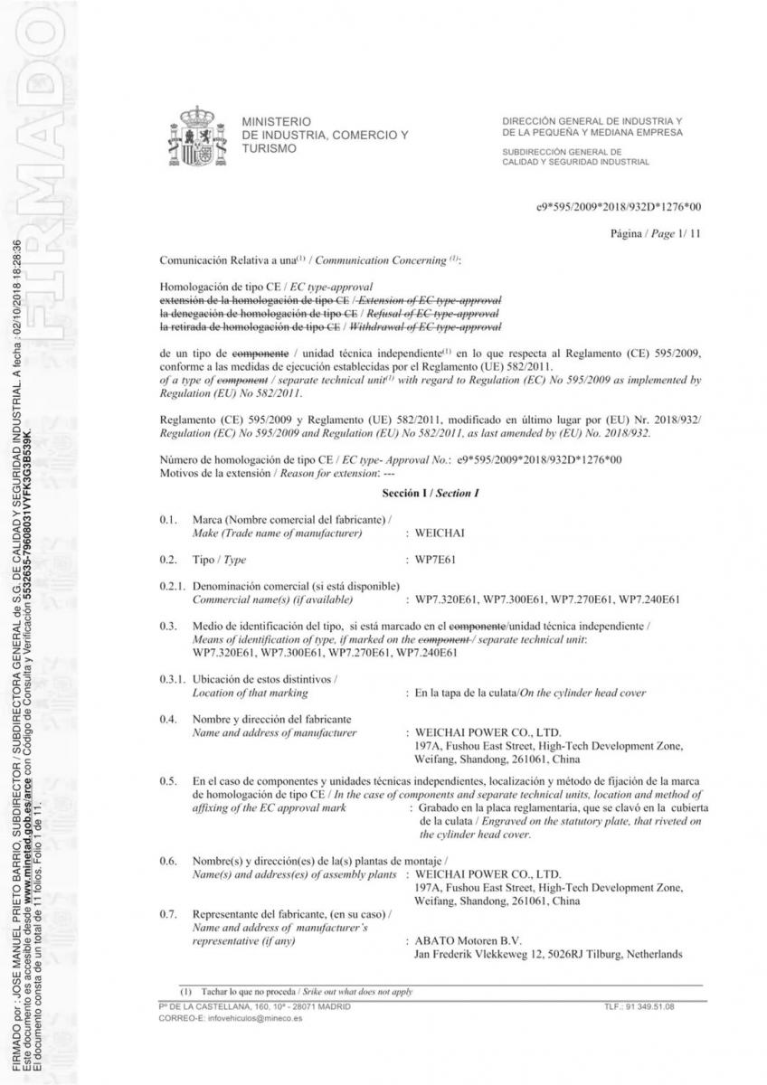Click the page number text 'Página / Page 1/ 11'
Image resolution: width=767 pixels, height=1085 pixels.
[x=656, y=234]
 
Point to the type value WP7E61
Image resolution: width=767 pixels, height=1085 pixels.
[x=436, y=561]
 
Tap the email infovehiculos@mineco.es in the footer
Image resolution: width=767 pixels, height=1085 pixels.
[x=230, y=1017]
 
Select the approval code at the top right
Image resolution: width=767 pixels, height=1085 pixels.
[x=619, y=207]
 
